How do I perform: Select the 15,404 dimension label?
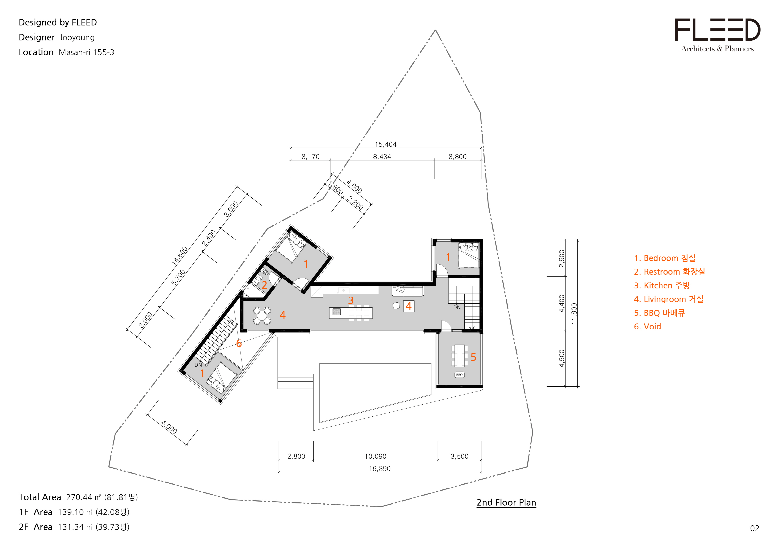point(386,144)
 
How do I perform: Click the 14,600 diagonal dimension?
point(179,255)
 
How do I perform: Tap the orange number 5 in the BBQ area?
point(473,357)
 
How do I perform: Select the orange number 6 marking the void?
point(239,344)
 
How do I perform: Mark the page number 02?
point(755,528)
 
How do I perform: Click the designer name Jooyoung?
point(77,38)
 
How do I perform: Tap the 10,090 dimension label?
point(375,457)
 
